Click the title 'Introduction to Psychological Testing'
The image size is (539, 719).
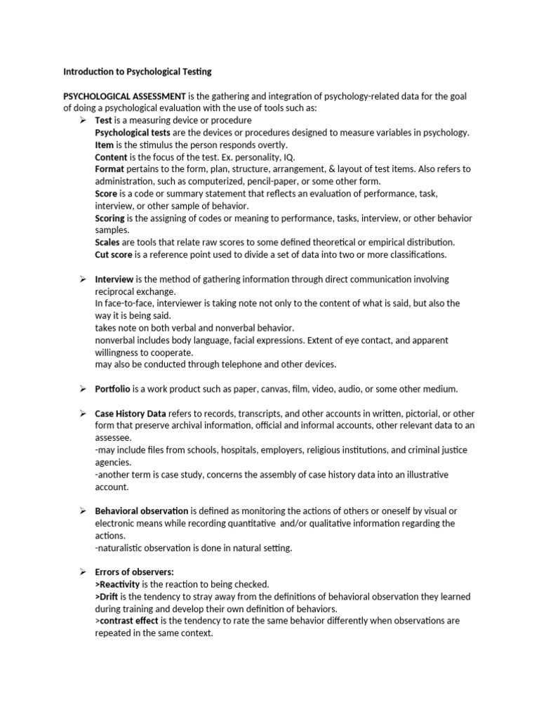point(137,72)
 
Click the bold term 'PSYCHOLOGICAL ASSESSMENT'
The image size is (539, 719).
point(124,96)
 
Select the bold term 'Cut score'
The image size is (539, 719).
point(113,255)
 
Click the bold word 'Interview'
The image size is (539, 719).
point(114,279)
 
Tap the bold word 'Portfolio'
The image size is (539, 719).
point(113,389)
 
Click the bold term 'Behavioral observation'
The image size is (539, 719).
point(141,511)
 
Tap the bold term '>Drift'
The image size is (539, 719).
point(108,596)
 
